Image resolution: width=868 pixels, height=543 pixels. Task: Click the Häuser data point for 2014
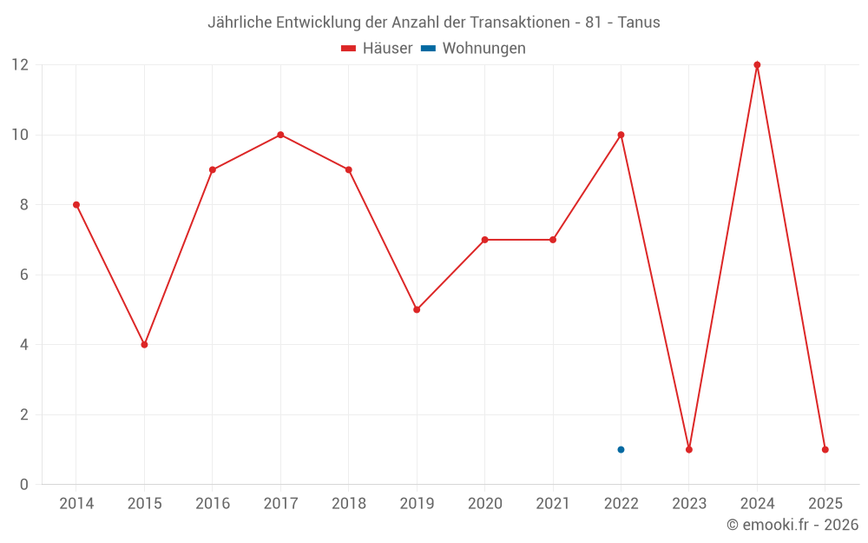pyautogui.click(x=76, y=205)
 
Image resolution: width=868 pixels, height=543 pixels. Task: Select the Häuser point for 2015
pyautogui.click(x=144, y=345)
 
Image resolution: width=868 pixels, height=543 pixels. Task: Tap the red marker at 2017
pyautogui.click(x=280, y=135)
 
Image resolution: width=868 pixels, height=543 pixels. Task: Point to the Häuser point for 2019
pyautogui.click(x=417, y=309)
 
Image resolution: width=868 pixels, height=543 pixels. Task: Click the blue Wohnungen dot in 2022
pyautogui.click(x=621, y=449)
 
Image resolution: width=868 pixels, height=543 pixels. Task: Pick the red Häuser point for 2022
pyautogui.click(x=621, y=135)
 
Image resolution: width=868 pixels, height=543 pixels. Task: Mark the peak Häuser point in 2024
pyautogui.click(x=757, y=65)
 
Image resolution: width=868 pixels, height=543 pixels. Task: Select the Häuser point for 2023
pyautogui.click(x=689, y=449)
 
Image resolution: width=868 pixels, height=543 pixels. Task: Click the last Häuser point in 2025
pyautogui.click(x=825, y=449)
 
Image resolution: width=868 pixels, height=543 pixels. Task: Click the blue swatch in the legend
pyautogui.click(x=428, y=49)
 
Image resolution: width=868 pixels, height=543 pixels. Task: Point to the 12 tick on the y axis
pyautogui.click(x=20, y=65)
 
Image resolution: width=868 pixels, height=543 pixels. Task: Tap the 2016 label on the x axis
pyautogui.click(x=213, y=504)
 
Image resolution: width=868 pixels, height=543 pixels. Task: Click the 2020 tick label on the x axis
pyautogui.click(x=484, y=504)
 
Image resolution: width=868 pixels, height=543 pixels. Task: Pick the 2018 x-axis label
pyautogui.click(x=348, y=504)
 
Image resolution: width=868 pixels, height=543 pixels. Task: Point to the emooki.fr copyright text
pyautogui.click(x=792, y=525)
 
